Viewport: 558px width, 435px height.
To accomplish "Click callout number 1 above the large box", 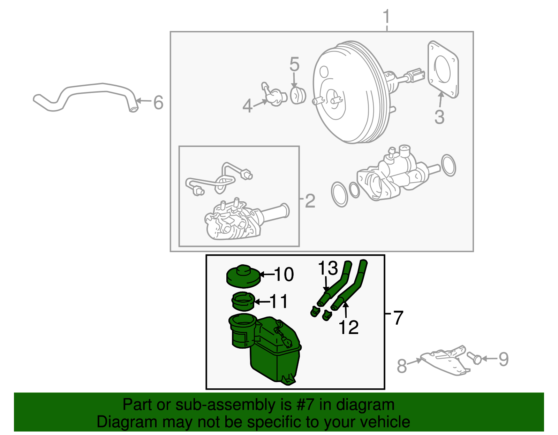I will click(x=386, y=17).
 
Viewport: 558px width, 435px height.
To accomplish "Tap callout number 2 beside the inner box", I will click(x=310, y=201).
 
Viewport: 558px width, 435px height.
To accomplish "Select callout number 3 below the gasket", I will click(x=439, y=117).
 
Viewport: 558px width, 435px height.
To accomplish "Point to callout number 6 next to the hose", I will click(x=158, y=102).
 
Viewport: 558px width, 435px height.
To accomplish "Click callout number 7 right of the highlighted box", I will click(x=398, y=318).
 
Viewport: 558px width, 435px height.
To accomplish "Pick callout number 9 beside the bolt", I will click(x=503, y=359).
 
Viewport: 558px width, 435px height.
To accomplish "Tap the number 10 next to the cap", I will click(x=284, y=274).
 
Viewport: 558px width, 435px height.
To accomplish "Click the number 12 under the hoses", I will click(x=348, y=327).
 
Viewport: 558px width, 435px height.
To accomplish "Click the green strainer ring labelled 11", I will click(x=243, y=302).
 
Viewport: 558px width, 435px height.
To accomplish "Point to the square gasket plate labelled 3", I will click(x=443, y=70).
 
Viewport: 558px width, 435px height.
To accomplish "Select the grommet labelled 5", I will click(x=297, y=95).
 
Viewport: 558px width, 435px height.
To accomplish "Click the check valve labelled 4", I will click(x=274, y=96).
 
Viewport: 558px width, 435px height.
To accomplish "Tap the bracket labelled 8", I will click(x=445, y=362).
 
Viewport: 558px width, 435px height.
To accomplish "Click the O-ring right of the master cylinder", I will click(x=448, y=165).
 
